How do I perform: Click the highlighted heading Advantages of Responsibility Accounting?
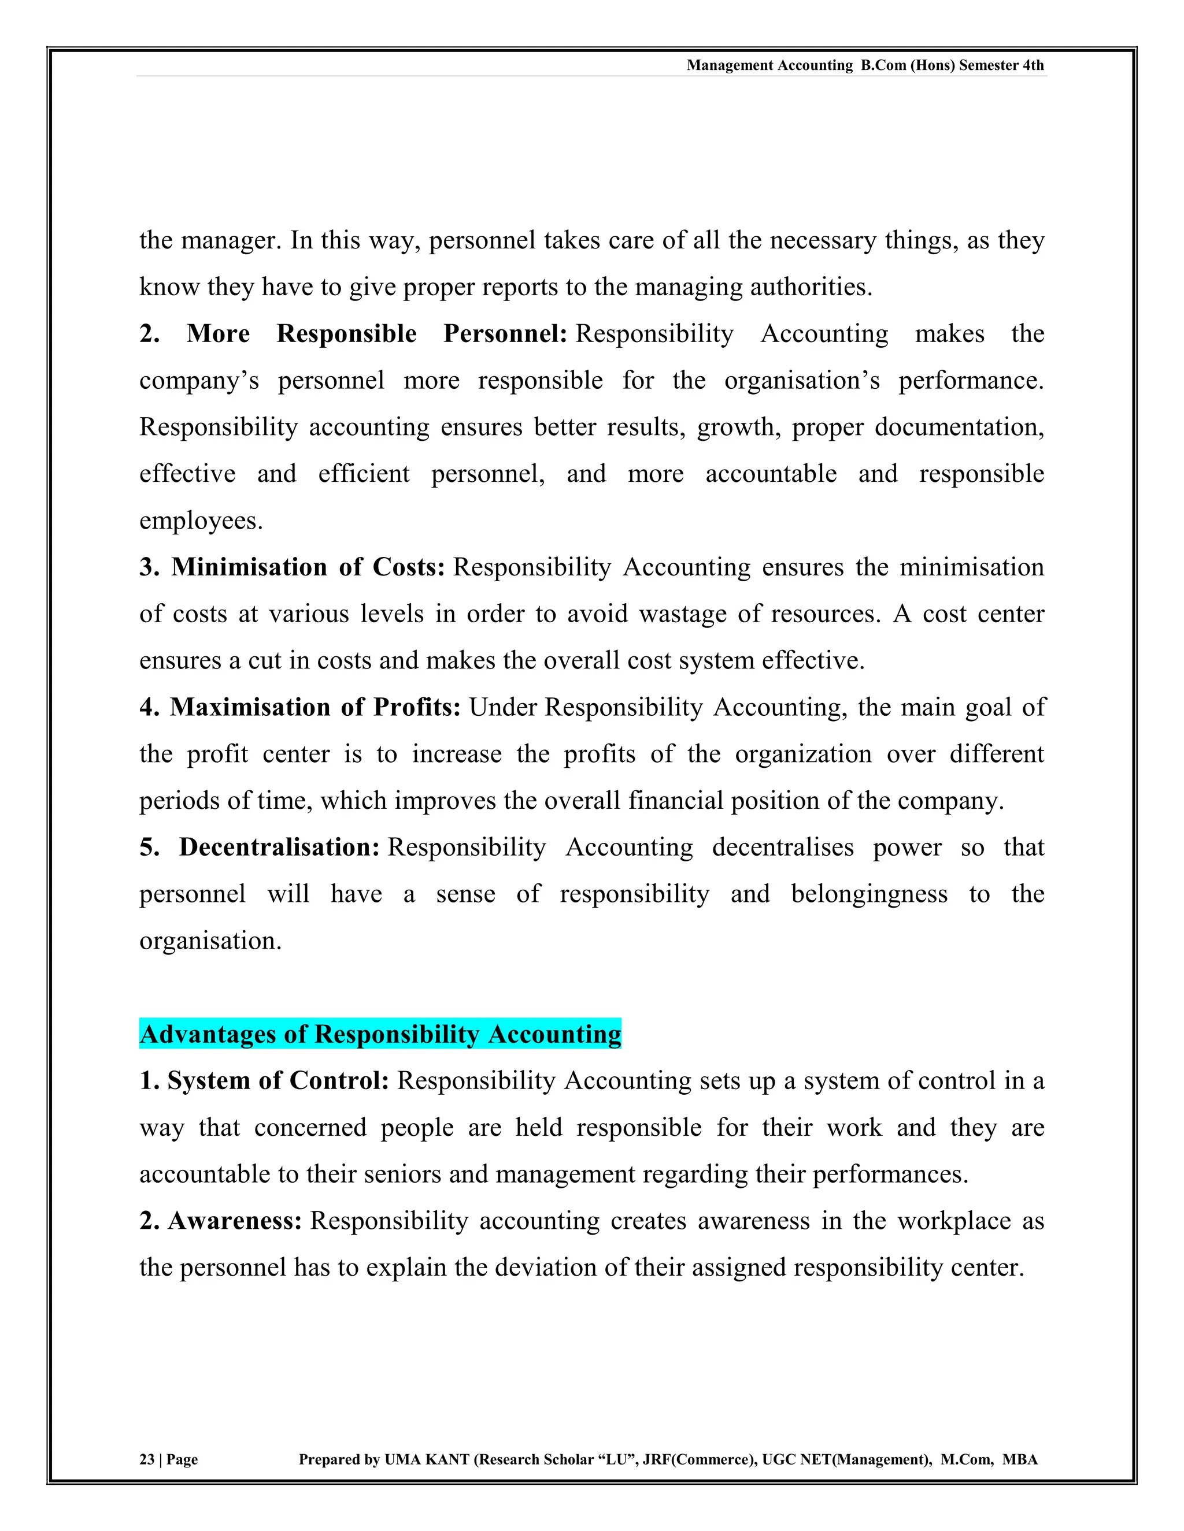coord(380,1034)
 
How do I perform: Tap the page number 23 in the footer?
coord(147,1459)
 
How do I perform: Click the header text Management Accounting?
coord(769,65)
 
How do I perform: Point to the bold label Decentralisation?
coord(279,847)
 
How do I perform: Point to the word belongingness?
coord(869,894)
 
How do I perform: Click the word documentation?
coord(959,426)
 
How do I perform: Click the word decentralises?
coord(783,847)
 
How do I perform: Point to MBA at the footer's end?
coord(1020,1459)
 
